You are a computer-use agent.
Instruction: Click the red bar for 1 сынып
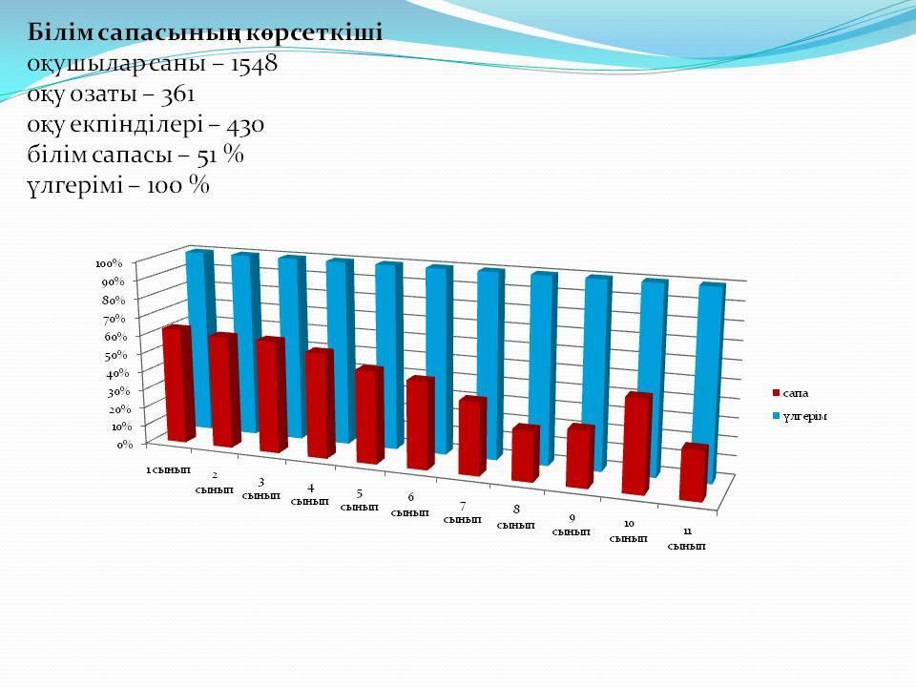coord(177,384)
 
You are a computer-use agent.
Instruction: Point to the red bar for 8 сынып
coord(525,454)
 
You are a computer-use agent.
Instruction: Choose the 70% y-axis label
coord(114,319)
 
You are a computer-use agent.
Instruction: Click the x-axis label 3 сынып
coord(260,489)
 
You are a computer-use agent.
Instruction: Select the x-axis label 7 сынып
coord(462,512)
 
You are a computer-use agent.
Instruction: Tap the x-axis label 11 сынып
coord(686,538)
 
